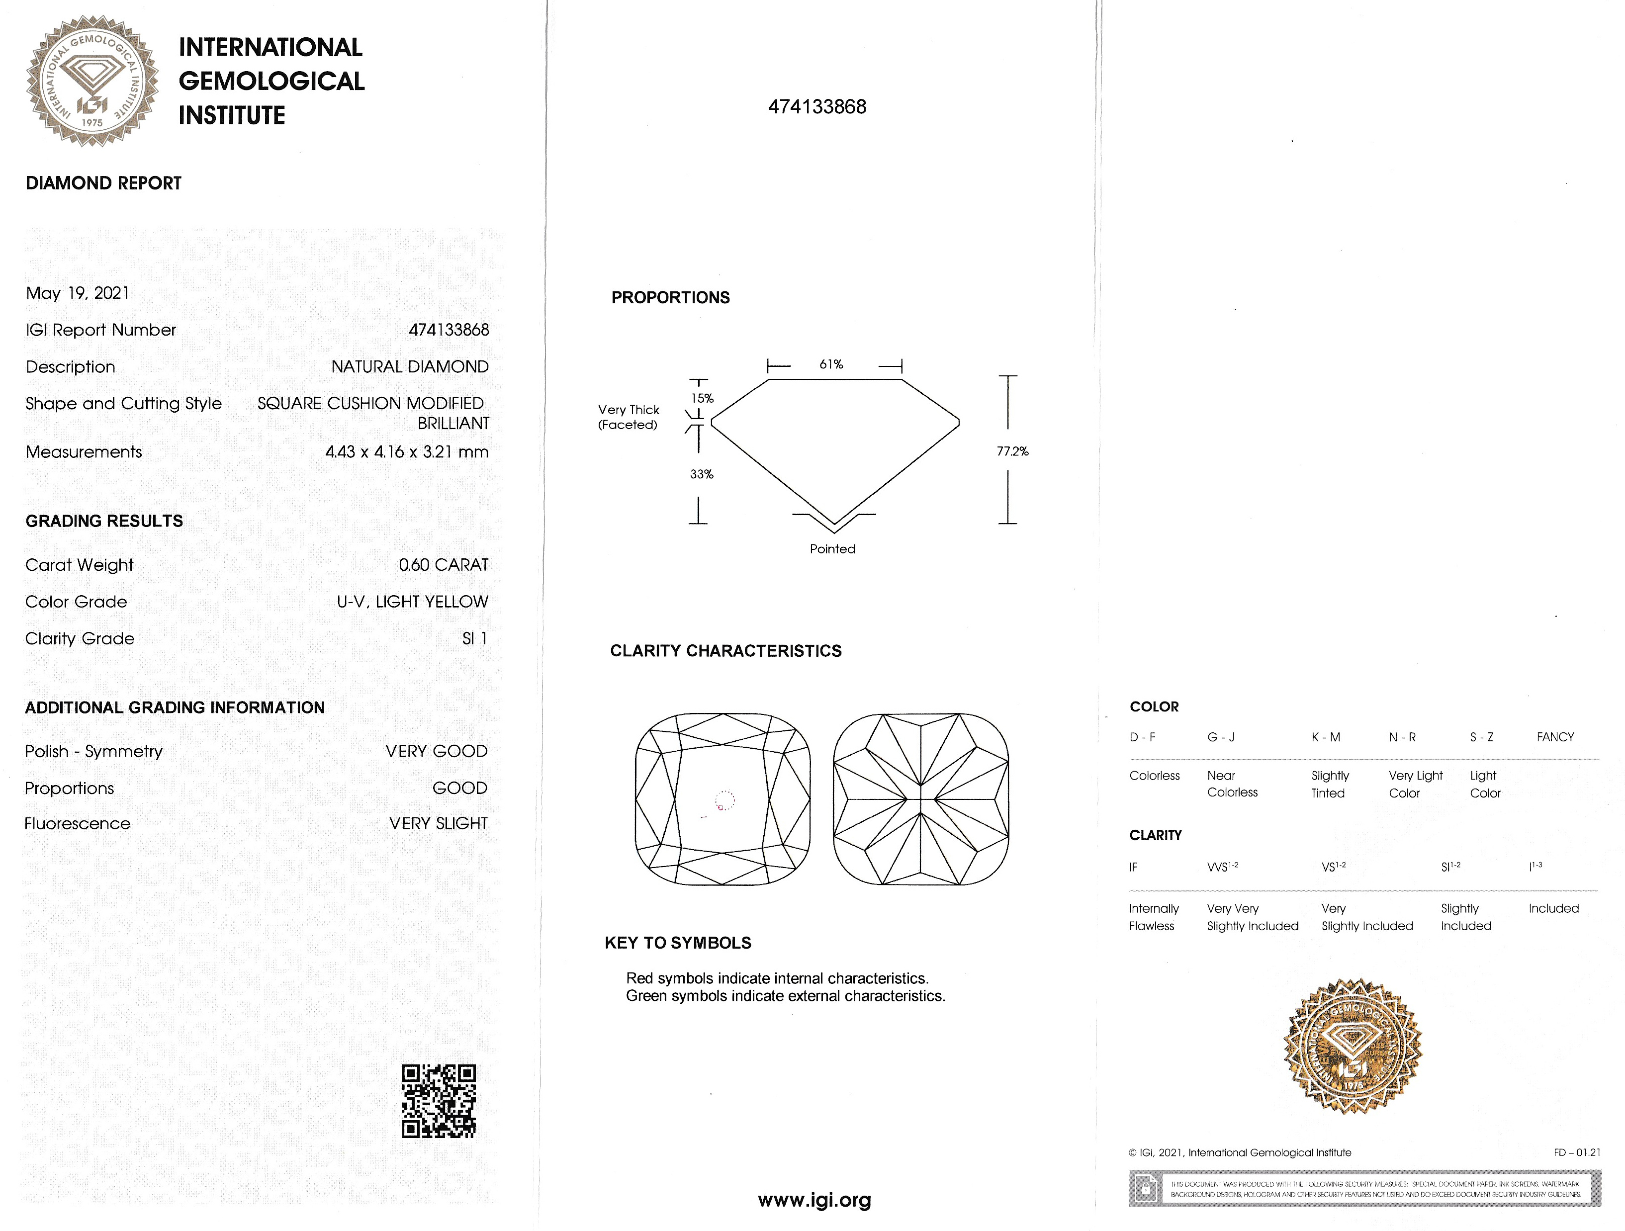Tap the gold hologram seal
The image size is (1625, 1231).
pyautogui.click(x=1353, y=1046)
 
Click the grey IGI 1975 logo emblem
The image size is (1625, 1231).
pyautogui.click(x=92, y=81)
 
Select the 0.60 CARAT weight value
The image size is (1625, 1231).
pyautogui.click(x=443, y=565)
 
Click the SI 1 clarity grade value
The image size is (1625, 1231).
pyautogui.click(x=474, y=638)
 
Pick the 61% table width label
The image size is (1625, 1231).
pyautogui.click(x=831, y=364)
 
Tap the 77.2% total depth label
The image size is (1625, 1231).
pyautogui.click(x=1012, y=451)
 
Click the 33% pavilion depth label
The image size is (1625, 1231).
pyautogui.click(x=702, y=474)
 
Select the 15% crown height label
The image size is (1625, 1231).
pyautogui.click(x=702, y=398)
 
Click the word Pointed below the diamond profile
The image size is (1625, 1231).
pyautogui.click(x=832, y=549)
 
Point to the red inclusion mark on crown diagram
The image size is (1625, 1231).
pyautogui.click(x=721, y=807)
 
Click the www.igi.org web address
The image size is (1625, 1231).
pyautogui.click(x=814, y=1200)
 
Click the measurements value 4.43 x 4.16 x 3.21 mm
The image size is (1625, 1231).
pyautogui.click(x=406, y=452)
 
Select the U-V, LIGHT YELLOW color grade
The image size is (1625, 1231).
pyautogui.click(x=412, y=602)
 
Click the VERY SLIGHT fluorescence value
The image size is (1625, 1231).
pyautogui.click(x=438, y=823)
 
